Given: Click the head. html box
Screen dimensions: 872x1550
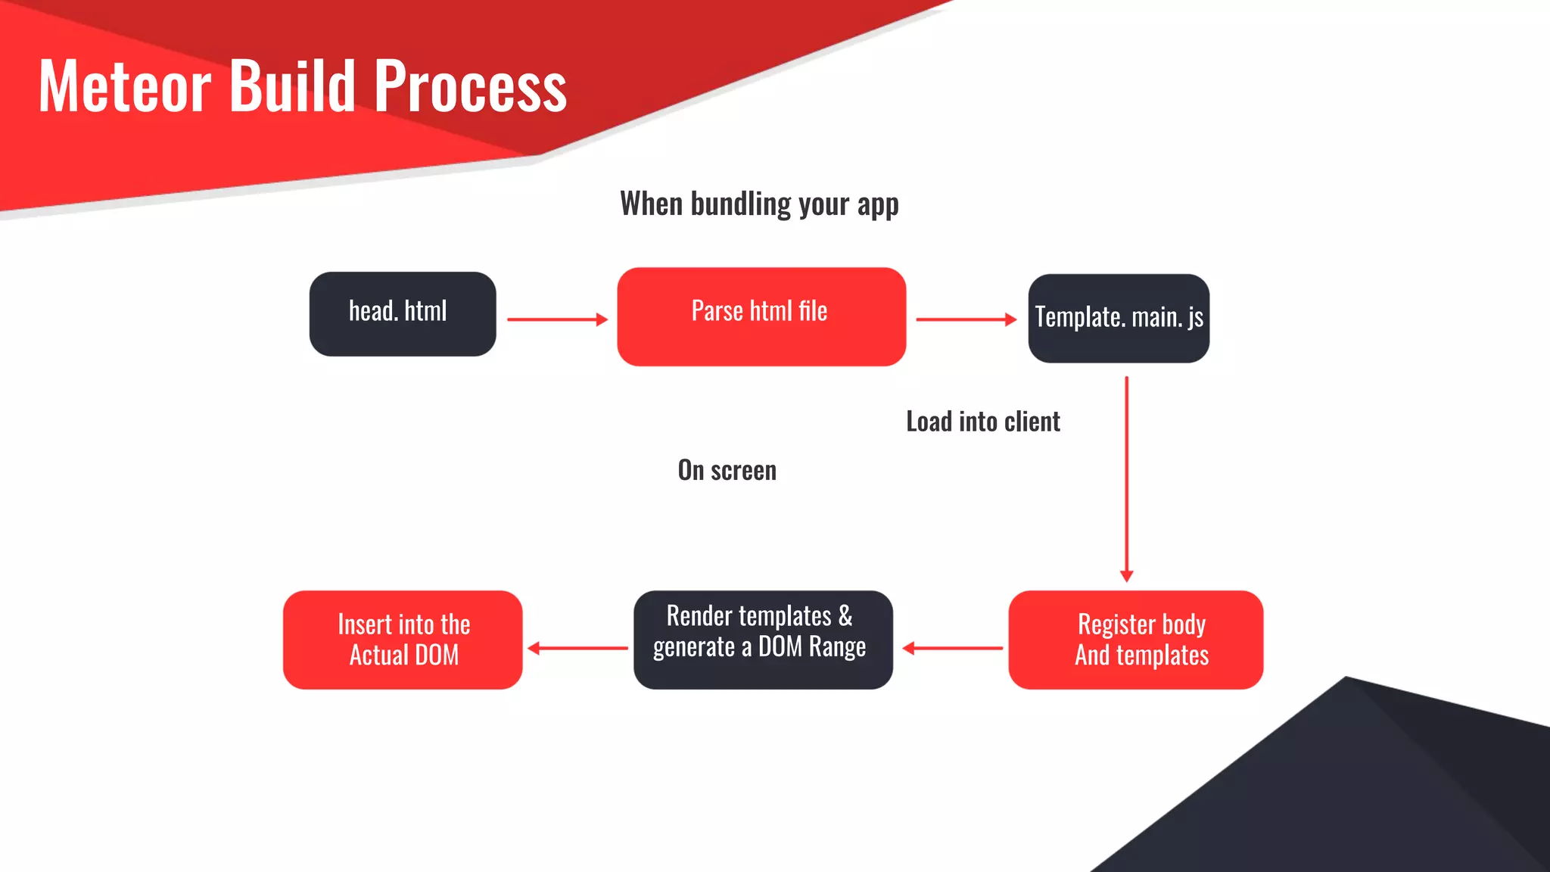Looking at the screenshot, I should [402, 314].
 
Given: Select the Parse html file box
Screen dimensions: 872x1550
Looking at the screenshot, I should [761, 316].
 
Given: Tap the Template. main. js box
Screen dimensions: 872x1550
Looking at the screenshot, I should [1118, 318].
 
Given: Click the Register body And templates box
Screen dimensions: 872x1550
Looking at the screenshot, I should [1135, 640].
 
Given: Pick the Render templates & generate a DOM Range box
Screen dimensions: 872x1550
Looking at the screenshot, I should [763, 640].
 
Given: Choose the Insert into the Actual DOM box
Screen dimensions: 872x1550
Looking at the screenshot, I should [403, 640].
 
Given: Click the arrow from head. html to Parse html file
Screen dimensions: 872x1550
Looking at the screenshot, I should [557, 319].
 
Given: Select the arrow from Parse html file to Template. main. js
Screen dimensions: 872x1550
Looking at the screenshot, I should [966, 319].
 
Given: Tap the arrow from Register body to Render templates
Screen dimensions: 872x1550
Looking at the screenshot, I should [952, 648].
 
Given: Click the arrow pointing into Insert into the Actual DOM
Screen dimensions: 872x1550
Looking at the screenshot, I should [577, 648].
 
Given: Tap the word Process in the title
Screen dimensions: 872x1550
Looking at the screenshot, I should [470, 86].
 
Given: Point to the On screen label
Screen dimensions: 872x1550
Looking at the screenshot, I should [727, 470].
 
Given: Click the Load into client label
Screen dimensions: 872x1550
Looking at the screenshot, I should [982, 422].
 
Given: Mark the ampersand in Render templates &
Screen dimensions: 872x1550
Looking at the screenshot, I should [845, 616].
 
